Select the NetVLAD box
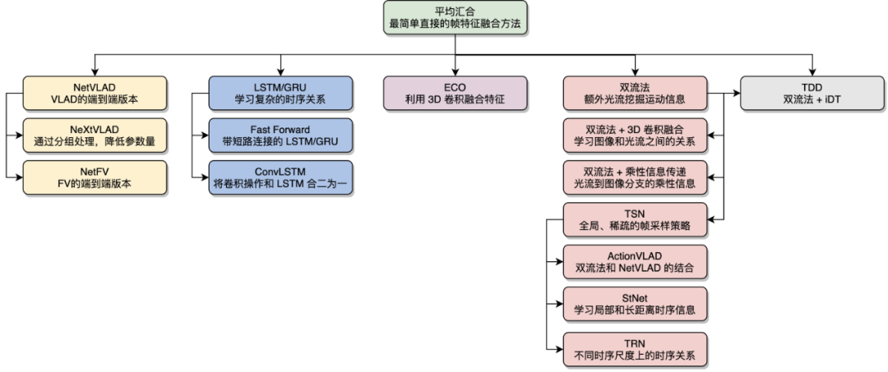(95, 92)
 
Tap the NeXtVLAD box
(95, 135)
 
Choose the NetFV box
(95, 177)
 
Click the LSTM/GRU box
(280, 92)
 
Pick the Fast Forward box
(280, 135)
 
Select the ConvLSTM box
(280, 177)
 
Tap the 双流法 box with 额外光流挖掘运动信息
(635, 92)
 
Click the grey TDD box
(812, 92)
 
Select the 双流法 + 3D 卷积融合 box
(635, 135)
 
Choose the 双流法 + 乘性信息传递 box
(635, 177)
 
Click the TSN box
(635, 220)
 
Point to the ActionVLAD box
(635, 262)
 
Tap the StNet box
(635, 305)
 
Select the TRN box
(635, 347)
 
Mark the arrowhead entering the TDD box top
(812, 72)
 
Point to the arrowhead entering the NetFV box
(19, 177)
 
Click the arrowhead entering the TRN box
(560, 347)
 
